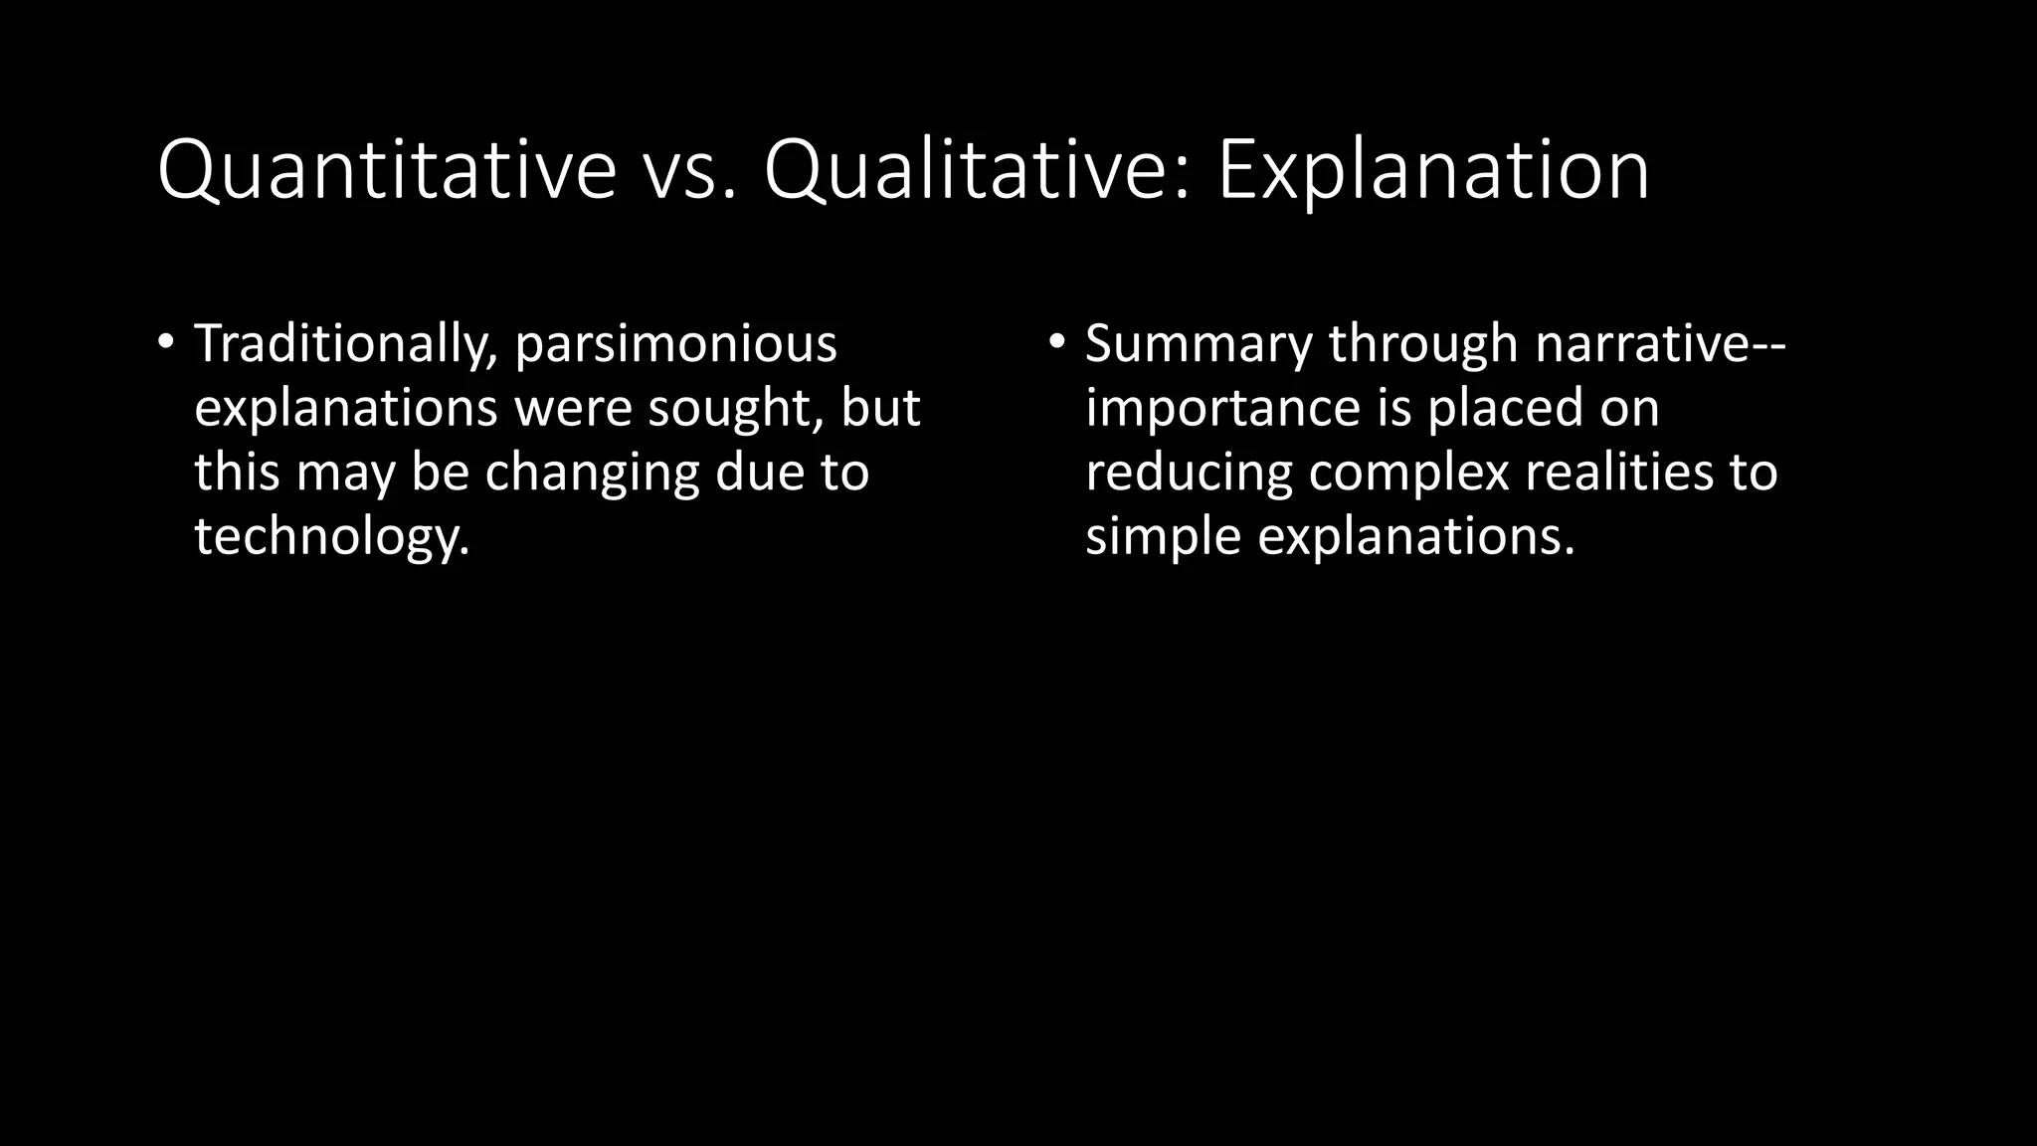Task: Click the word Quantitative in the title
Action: [x=387, y=171]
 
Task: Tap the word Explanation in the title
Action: [x=1433, y=171]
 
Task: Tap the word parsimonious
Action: [x=675, y=344]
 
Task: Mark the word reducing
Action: [x=1189, y=473]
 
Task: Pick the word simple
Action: [x=1163, y=536]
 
